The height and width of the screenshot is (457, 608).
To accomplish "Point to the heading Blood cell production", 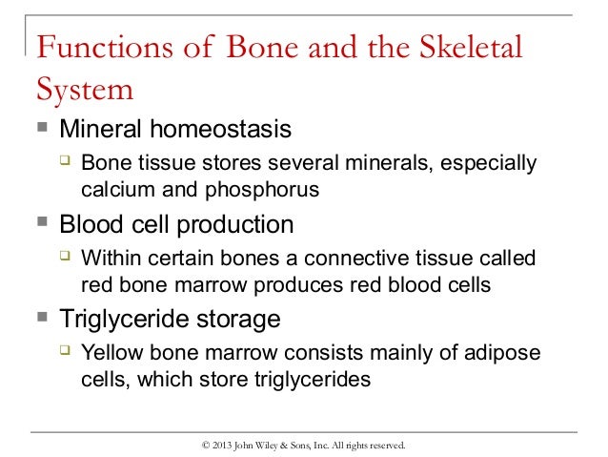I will point(176,225).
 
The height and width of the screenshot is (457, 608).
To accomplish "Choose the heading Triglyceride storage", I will point(170,318).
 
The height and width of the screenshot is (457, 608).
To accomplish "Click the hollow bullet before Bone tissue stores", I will point(66,163).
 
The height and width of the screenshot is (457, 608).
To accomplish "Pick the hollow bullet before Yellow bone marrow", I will point(66,351).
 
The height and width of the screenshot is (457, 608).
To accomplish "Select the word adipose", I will point(503,352).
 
